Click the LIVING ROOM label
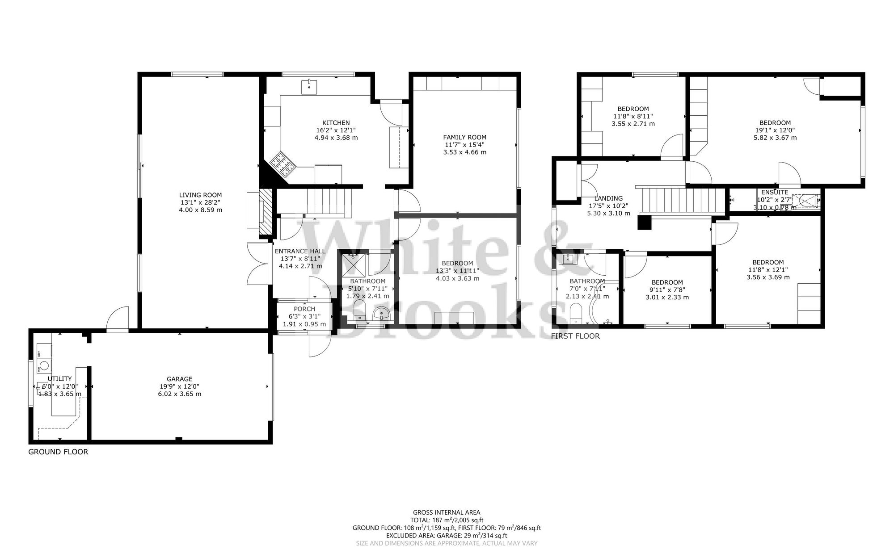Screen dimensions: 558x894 200,195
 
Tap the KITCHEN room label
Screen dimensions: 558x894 336,123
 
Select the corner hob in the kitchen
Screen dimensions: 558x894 283,164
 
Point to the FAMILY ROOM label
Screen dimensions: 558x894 464,137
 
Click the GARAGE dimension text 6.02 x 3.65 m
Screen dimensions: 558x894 180,394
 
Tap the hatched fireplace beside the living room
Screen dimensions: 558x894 266,212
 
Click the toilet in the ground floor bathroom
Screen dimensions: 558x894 359,310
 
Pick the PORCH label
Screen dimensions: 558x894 304,309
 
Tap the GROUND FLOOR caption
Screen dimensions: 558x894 58,452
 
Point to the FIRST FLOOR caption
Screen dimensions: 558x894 575,336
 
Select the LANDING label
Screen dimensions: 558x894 608,198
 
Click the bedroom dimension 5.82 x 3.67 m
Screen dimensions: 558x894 775,138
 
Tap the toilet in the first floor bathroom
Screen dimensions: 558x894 576,312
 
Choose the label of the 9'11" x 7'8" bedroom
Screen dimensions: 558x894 667,282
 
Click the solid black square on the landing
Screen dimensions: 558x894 644,222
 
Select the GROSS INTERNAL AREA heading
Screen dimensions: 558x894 447,512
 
